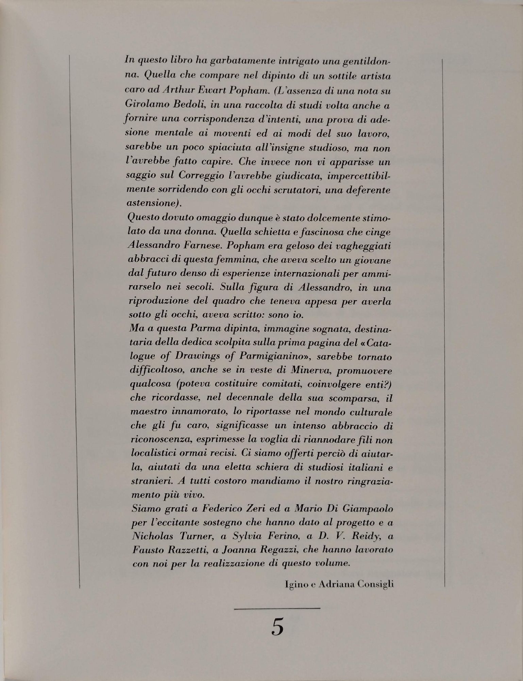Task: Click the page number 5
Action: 277,626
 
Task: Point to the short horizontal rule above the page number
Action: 277,608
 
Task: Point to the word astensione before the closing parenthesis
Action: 149,203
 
